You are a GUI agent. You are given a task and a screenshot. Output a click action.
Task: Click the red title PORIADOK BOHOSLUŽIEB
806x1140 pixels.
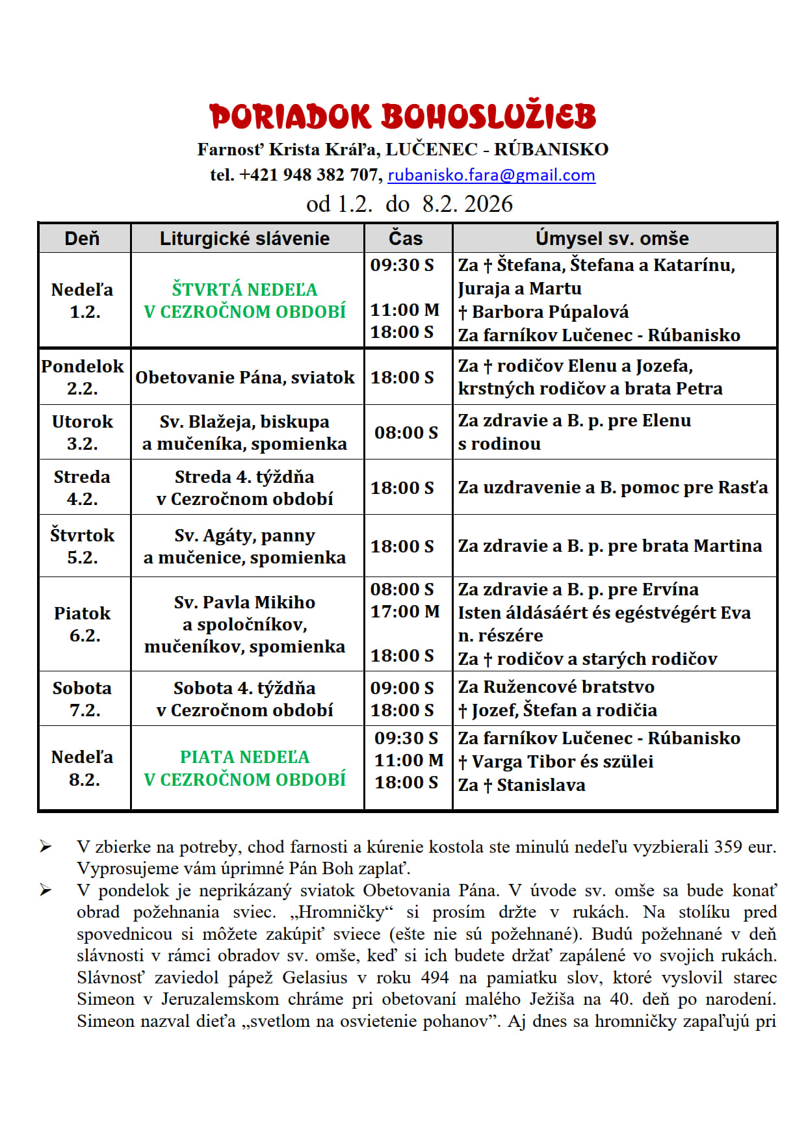point(403,117)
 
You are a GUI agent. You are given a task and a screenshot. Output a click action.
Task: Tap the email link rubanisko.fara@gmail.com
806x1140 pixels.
point(491,175)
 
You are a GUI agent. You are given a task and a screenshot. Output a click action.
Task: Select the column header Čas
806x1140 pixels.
point(406,239)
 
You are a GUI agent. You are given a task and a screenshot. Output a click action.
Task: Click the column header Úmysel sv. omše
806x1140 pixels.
point(612,239)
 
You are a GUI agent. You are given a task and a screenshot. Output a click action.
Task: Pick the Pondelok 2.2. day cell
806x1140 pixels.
point(83,377)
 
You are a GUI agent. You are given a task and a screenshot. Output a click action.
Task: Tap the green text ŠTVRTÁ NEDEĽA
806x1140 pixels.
point(244,289)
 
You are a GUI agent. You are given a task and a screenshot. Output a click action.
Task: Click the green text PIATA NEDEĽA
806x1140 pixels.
point(244,757)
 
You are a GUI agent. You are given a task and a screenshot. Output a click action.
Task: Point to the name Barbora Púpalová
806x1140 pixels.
point(550,312)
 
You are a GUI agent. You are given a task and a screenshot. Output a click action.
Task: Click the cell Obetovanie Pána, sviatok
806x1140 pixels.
point(245,378)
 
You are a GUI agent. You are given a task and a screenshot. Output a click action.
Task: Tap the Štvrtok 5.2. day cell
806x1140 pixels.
point(83,546)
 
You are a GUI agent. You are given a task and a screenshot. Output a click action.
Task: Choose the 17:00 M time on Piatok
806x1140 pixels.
point(404,612)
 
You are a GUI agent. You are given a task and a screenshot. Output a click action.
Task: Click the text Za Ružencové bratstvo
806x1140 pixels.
point(556,687)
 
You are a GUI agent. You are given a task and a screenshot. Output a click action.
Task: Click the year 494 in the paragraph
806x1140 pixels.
point(434,978)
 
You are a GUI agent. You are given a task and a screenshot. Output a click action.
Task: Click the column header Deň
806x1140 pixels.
point(82,239)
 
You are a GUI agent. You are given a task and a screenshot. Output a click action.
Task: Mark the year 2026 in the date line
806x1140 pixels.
point(488,204)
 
